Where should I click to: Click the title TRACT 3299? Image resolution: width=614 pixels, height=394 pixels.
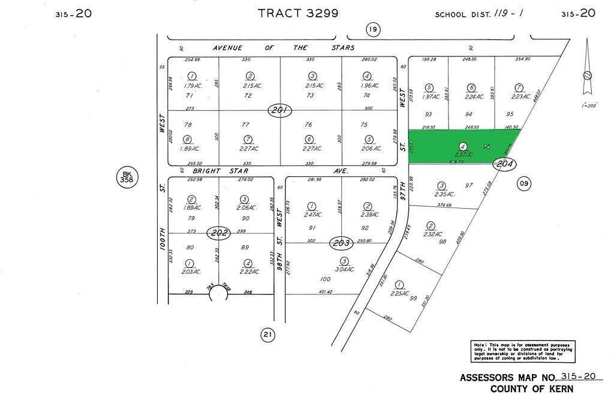pos(298,13)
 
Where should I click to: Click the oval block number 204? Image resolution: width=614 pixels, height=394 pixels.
pos(504,163)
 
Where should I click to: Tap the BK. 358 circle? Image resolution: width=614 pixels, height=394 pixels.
pos(127,177)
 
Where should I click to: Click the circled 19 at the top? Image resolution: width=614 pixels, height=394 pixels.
pos(373,29)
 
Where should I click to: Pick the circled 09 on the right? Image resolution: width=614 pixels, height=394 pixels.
pos(524,184)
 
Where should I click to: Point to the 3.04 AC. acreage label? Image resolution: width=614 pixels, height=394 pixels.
pos(344,268)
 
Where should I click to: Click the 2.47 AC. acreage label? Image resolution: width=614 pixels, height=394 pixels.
pos(312,214)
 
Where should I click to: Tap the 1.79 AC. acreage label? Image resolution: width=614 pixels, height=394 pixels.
pos(192,86)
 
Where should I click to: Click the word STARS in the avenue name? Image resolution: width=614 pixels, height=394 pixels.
pos(341,47)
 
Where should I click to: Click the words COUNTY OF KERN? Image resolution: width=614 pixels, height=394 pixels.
pos(531,389)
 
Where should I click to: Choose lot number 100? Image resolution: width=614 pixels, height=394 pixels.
pos(326,279)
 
